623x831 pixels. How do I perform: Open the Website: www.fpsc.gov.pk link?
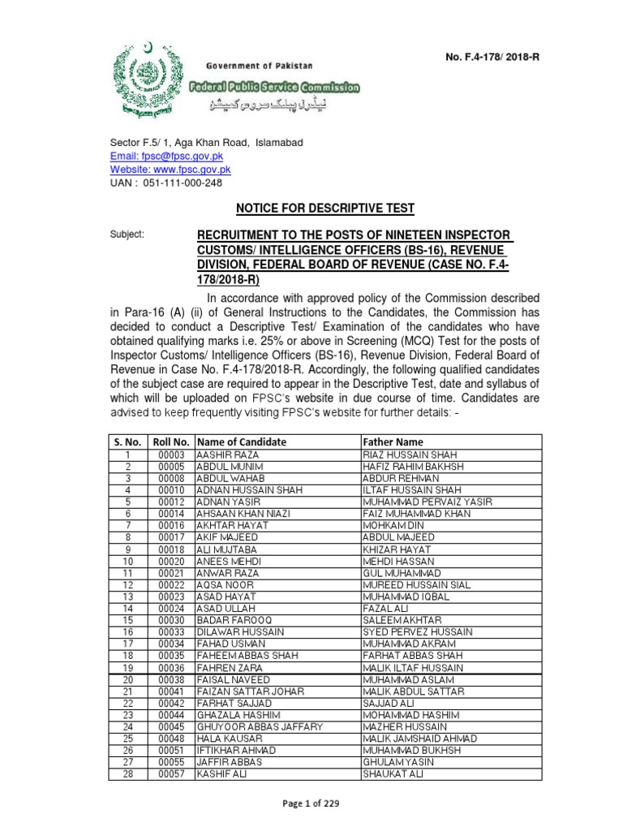[171, 170]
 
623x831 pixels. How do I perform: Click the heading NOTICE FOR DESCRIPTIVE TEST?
[324, 209]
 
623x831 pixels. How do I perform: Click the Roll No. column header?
[170, 441]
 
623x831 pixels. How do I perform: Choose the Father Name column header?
[393, 441]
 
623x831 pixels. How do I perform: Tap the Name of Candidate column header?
[242, 441]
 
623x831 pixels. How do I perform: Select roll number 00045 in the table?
[171, 726]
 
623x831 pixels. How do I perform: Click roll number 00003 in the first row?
[171, 454]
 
